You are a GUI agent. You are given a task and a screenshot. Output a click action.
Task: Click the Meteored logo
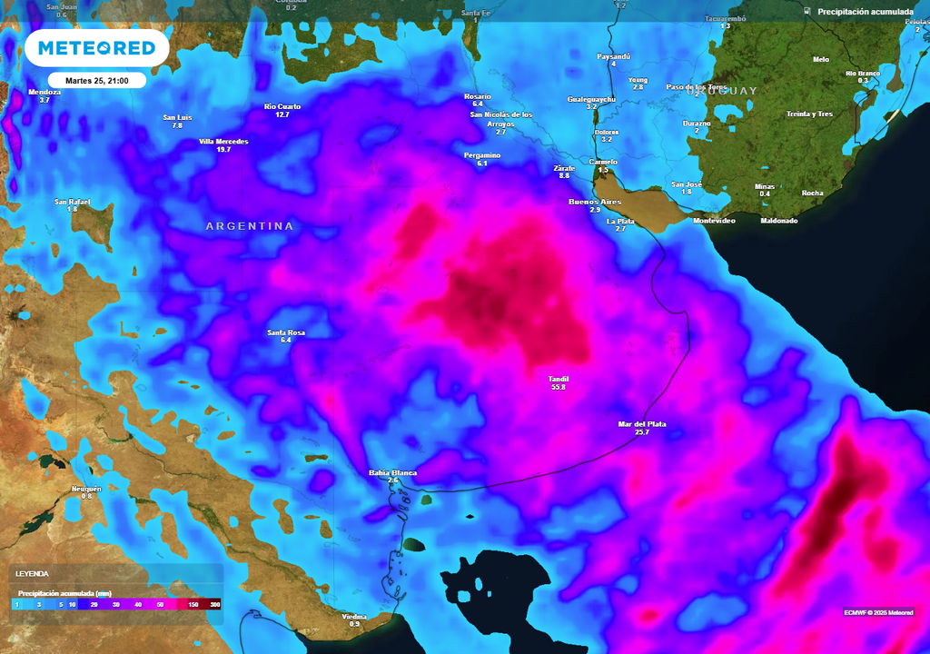pyautogui.click(x=96, y=48)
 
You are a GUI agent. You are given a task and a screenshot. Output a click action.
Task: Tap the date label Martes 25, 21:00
pyautogui.click(x=97, y=81)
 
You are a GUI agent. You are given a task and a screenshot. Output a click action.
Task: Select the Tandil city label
pyautogui.click(x=558, y=379)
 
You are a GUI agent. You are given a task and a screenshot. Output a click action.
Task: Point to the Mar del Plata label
pyautogui.click(x=641, y=424)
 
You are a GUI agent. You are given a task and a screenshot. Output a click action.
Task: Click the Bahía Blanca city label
pyautogui.click(x=392, y=473)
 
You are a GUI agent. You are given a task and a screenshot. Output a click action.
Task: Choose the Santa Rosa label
pyautogui.click(x=286, y=332)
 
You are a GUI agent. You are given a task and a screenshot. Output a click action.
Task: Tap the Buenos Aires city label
pyautogui.click(x=595, y=202)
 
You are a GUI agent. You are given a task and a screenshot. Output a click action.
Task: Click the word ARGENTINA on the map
pyautogui.click(x=250, y=226)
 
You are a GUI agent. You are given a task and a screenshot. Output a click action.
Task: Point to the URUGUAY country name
pyautogui.click(x=721, y=92)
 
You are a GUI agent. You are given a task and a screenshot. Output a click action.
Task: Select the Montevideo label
pyautogui.click(x=713, y=221)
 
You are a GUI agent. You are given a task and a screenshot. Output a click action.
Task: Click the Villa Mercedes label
pyautogui.click(x=223, y=142)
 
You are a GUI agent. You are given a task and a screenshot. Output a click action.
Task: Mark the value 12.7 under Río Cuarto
pyautogui.click(x=282, y=114)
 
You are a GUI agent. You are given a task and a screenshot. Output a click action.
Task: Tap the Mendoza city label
pyautogui.click(x=45, y=92)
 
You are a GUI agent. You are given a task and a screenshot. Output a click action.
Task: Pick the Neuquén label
pyautogui.click(x=86, y=489)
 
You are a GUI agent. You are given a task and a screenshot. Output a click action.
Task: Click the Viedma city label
pyautogui.click(x=354, y=617)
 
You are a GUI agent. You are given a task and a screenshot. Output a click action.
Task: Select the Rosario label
pyautogui.click(x=477, y=96)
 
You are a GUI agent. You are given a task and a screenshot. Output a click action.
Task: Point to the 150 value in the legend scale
pyautogui.click(x=193, y=604)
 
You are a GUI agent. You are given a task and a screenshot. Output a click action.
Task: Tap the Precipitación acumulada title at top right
pyautogui.click(x=865, y=12)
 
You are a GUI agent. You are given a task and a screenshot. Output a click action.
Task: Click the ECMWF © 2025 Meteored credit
pyautogui.click(x=878, y=611)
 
